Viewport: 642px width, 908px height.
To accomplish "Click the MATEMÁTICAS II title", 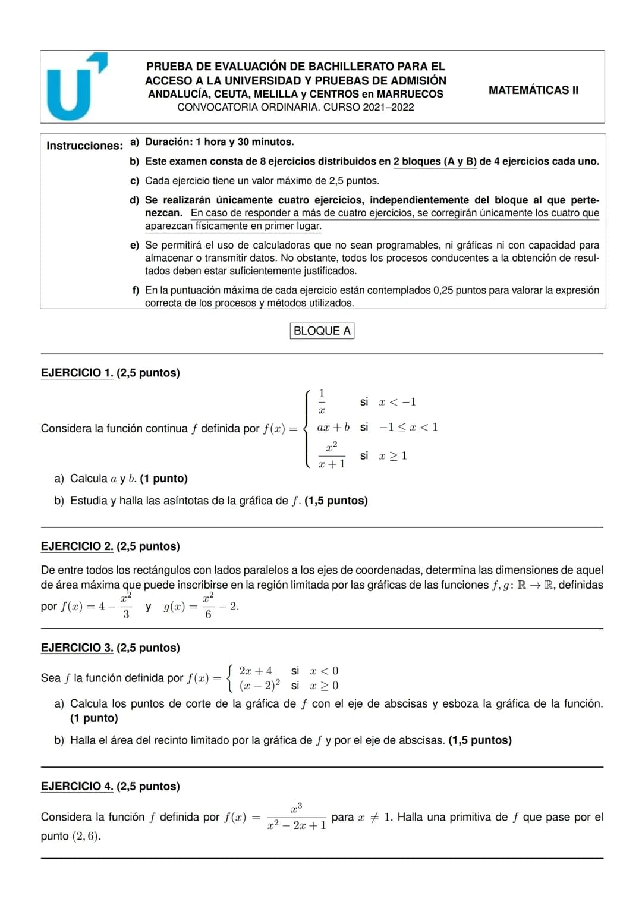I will (533, 90).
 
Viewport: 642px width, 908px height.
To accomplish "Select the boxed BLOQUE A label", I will (322, 331).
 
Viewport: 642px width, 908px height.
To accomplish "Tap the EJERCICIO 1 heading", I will (77, 373).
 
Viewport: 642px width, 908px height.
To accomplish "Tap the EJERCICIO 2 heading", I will (77, 546).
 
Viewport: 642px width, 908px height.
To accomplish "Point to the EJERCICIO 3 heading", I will (77, 648).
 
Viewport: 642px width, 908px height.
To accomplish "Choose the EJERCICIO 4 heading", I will (77, 786).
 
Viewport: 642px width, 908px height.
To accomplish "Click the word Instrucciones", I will (84, 146).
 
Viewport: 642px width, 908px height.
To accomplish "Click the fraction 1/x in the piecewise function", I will (322, 401).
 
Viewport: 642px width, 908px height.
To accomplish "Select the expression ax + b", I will (333, 427).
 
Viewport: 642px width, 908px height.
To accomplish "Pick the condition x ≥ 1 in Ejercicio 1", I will (393, 456).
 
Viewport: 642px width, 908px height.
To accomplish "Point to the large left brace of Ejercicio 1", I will (307, 428).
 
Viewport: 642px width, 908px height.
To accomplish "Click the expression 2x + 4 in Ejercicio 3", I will (256, 671).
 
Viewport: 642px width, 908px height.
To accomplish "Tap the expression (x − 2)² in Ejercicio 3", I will (260, 686).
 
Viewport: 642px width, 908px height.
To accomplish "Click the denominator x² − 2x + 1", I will (297, 825).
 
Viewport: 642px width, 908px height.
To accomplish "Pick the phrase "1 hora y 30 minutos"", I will (244, 142).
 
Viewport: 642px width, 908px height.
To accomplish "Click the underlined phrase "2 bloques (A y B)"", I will (435, 161).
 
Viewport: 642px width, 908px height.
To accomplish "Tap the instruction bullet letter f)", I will (136, 290).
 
